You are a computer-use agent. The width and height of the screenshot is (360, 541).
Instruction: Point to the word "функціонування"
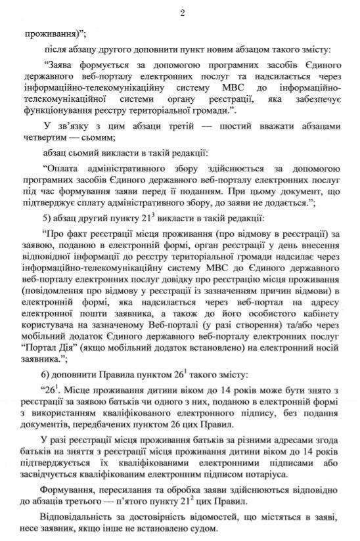56,111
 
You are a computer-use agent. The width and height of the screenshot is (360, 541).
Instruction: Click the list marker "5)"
47,219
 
